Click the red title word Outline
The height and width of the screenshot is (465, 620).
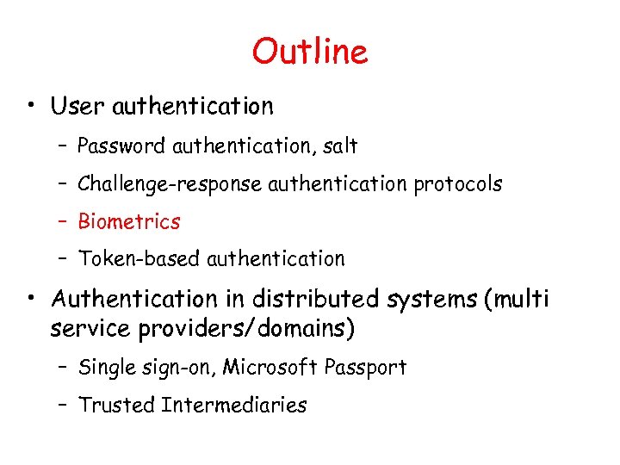point(310,52)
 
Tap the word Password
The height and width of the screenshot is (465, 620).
point(121,146)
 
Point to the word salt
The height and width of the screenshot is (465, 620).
point(340,146)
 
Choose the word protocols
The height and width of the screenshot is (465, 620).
point(457,184)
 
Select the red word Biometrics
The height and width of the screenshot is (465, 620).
point(129,221)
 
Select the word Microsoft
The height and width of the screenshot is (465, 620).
point(270,368)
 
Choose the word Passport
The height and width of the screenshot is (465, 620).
point(365,368)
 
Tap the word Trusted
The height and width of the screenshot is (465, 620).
point(115,405)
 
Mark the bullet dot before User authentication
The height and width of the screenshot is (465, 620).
point(30,108)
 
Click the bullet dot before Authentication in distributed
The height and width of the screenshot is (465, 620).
point(30,300)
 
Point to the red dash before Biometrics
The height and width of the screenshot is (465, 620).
point(65,221)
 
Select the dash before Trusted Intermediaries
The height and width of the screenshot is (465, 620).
point(65,405)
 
